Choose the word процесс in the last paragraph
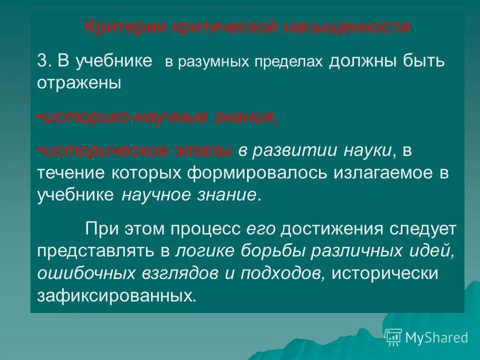[206, 229]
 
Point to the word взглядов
[158, 273]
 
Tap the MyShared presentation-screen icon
[393, 337]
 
